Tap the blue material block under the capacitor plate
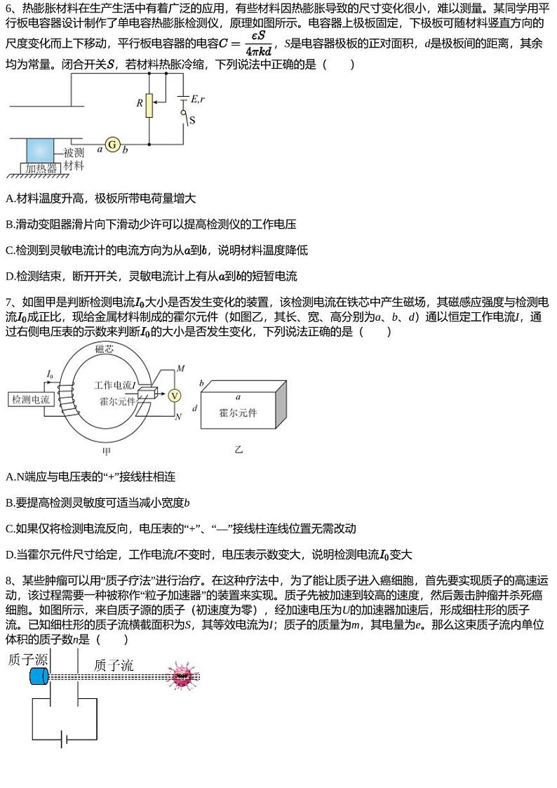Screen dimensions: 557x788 40,149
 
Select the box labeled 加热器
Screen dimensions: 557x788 41,168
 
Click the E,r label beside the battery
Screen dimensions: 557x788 197,100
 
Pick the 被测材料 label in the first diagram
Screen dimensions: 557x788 74,159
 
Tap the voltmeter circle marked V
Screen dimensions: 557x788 177,395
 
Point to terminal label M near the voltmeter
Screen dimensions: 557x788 180,368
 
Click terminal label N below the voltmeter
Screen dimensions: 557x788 178,417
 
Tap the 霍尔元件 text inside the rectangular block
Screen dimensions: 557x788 239,413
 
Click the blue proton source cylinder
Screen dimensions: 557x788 38,676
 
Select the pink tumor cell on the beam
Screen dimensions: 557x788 182,676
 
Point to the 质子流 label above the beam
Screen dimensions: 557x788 113,665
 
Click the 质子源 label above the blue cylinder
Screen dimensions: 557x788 27,660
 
